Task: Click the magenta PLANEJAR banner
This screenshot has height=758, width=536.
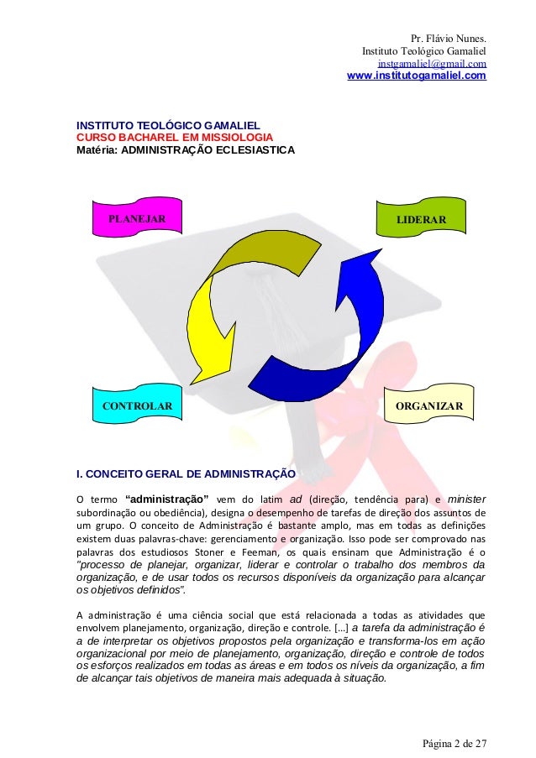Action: click(x=134, y=220)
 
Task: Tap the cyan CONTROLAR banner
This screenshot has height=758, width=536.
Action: click(x=137, y=406)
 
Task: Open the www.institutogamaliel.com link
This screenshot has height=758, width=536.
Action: click(x=416, y=77)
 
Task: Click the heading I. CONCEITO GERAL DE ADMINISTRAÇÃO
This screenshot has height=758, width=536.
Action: click(x=186, y=473)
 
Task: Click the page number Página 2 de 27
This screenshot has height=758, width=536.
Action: click(x=454, y=743)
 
